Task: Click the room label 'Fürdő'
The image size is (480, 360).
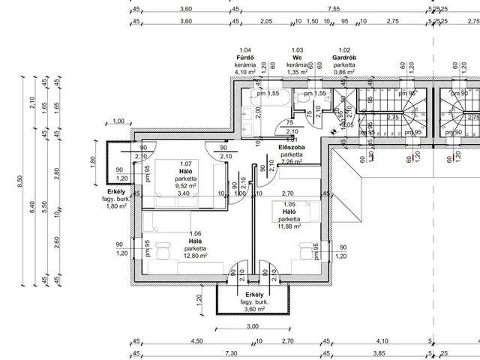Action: tap(246, 57)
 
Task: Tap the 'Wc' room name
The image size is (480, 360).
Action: tap(297, 57)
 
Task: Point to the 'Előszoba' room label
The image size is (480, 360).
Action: tap(291, 148)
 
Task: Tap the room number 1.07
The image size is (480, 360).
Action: tap(186, 163)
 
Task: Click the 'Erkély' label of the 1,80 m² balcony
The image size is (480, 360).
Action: tap(116, 191)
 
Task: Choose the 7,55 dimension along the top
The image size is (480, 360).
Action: tap(334, 10)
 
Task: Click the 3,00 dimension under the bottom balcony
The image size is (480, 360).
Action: tap(253, 325)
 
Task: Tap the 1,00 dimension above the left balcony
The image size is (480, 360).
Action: tap(118, 121)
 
